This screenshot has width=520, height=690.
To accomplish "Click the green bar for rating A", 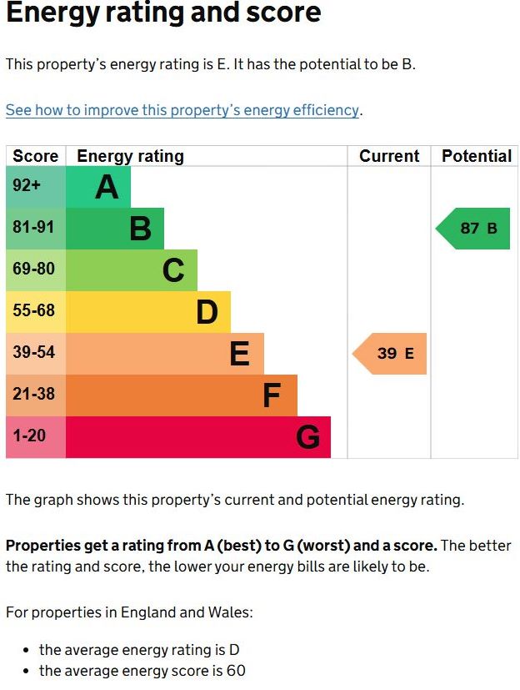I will pos(97,187).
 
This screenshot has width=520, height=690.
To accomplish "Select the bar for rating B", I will pos(114,229).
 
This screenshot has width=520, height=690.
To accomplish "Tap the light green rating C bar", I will pos(131,270).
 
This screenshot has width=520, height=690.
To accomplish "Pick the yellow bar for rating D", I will pos(147,312).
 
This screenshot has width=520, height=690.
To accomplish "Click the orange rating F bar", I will pos(181,395).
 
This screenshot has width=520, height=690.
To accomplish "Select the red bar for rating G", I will pos(197,437).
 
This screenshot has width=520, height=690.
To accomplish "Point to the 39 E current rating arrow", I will pos(391,354).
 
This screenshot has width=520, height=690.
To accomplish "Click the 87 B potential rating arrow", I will pos(473,229).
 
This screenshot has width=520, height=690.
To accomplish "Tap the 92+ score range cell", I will pos(35,187).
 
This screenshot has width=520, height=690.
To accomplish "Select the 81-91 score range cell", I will pos(35,229).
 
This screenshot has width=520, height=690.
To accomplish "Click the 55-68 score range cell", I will pos(35,312).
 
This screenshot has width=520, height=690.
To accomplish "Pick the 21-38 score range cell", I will pos(35,395).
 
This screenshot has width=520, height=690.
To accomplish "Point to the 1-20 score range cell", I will pos(35,437).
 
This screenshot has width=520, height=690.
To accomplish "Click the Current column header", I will pos(389,156).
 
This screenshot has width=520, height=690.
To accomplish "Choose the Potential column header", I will pos(476,156).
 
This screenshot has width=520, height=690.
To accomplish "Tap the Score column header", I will pos(35,156).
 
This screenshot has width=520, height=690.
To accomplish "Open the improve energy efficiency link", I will pos(182,110).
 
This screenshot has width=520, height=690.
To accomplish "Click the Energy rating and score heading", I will pos(163,13).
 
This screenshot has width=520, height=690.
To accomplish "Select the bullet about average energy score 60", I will pos(142,671).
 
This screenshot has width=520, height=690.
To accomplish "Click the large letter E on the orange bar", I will pos(239,355).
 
